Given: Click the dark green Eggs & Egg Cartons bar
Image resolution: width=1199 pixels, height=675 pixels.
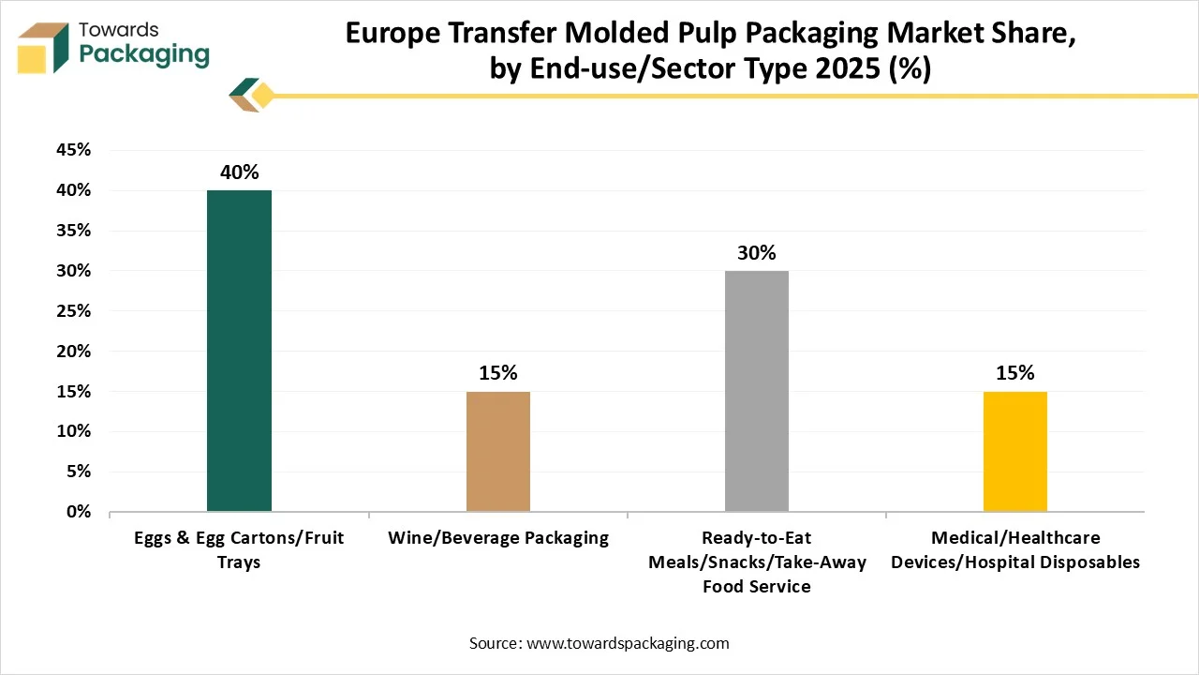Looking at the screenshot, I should coord(239,351).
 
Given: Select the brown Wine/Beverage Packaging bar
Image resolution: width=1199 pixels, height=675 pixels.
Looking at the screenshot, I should coord(498,451).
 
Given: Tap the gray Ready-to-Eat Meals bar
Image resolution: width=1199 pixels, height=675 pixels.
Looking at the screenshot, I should coord(757,391).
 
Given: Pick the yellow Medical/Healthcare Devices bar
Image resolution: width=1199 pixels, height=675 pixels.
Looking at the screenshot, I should coord(1014,451).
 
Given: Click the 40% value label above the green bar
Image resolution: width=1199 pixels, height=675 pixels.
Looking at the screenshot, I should coord(240,172).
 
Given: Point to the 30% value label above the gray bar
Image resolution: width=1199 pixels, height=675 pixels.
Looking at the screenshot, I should coord(757,253).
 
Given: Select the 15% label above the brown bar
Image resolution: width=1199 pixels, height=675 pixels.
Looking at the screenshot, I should coord(498,373).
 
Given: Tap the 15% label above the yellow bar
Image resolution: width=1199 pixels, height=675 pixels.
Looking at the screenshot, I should coord(1015,373).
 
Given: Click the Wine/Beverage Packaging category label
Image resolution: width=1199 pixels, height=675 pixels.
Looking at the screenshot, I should coord(498,538).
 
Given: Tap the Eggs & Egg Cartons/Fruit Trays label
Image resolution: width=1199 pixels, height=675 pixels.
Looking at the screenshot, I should coord(239,549).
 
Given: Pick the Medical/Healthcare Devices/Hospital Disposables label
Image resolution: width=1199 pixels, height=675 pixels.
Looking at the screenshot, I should coord(1015,549).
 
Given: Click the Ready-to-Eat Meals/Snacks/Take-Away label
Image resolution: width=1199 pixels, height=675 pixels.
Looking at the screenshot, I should coord(757,562).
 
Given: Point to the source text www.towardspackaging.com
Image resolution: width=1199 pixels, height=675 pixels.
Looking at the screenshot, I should coord(628,643).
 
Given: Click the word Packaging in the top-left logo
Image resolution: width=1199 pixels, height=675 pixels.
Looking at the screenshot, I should coord(144,54).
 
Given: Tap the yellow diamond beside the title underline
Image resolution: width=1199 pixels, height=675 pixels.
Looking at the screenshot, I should coord(263,96).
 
